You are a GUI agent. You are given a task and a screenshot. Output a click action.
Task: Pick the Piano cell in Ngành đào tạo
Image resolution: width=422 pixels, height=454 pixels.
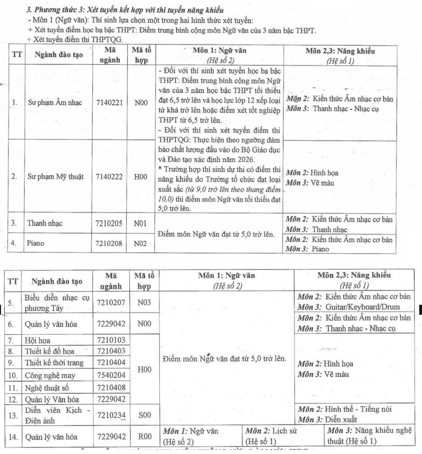tap(36, 243)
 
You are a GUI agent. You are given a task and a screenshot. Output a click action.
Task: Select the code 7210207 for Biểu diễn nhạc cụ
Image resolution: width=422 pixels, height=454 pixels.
tap(111, 303)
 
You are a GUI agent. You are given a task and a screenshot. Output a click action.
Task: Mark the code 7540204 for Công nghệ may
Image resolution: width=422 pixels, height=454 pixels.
tap(111, 375)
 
